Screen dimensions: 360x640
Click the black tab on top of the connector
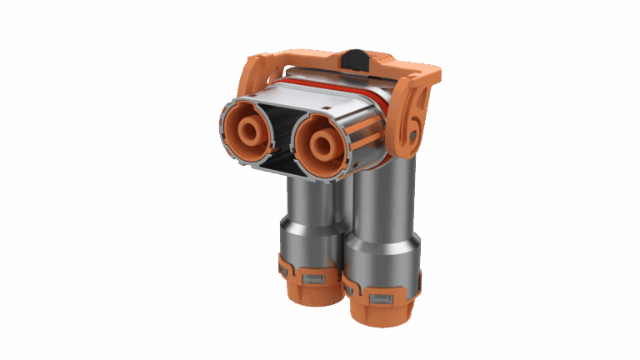354,58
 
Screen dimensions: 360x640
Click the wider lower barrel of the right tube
382,262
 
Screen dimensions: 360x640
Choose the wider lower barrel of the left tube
310,246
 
